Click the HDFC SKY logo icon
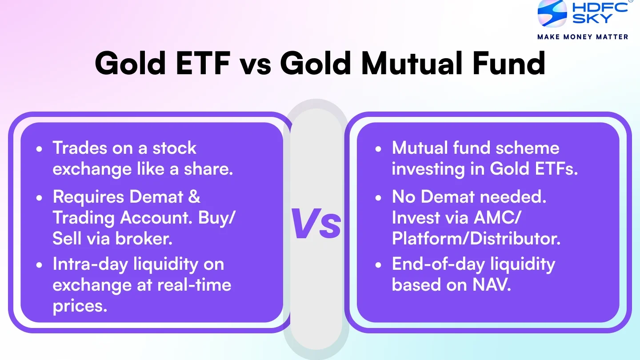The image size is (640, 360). pyautogui.click(x=552, y=13)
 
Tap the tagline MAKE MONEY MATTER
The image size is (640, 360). pyautogui.click(x=583, y=37)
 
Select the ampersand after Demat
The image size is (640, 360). pyautogui.click(x=194, y=196)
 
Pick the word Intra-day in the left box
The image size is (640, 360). pyautogui.click(x=90, y=264)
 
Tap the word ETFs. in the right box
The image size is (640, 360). pyautogui.click(x=555, y=169)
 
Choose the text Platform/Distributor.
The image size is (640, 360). pyautogui.click(x=476, y=239)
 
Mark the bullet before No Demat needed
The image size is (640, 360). pyautogui.click(x=378, y=197)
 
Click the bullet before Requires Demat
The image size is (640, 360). pyautogui.click(x=40, y=197)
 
